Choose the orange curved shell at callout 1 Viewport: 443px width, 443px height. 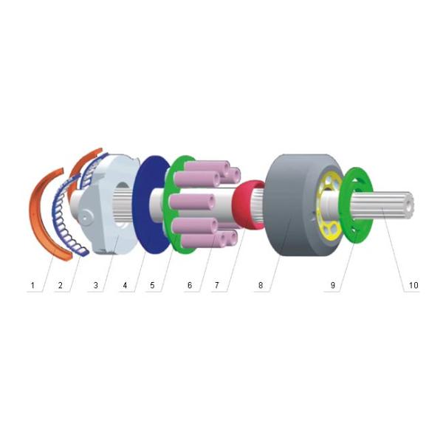[49, 221]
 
